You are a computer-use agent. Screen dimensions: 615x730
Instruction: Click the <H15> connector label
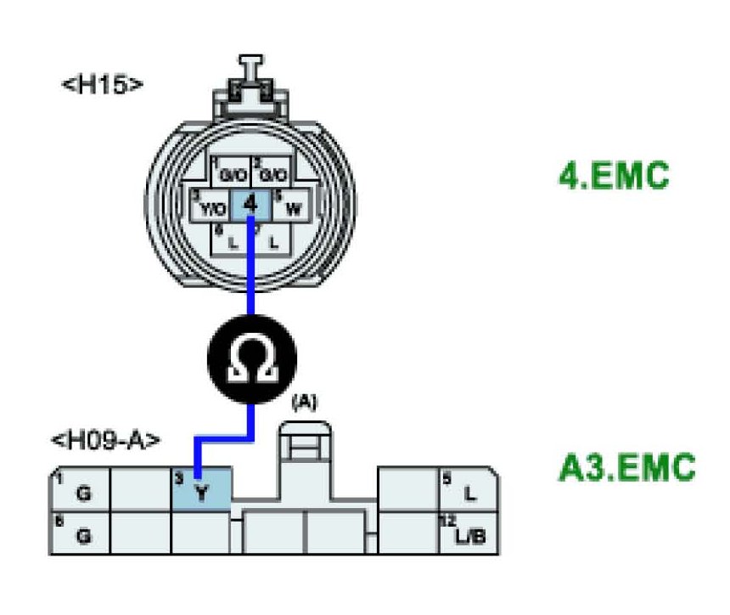click(102, 85)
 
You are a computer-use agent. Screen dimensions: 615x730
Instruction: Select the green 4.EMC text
click(614, 179)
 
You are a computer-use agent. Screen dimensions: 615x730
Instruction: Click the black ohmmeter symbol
click(252, 361)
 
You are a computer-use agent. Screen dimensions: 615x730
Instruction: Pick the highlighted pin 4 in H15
click(250, 205)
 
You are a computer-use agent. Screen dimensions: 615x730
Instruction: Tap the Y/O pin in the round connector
click(211, 206)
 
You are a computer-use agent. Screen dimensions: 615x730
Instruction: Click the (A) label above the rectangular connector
click(303, 403)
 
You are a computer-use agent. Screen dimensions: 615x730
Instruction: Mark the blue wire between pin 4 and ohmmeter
click(251, 272)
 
